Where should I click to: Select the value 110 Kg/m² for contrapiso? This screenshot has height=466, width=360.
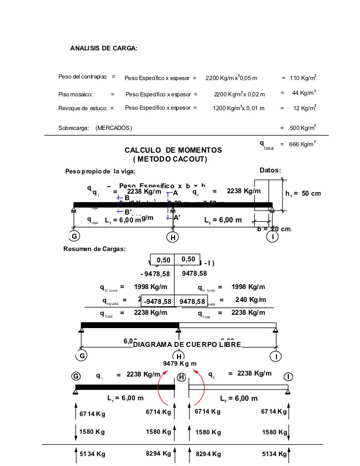(303, 78)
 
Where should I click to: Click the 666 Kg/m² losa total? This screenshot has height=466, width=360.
(303, 144)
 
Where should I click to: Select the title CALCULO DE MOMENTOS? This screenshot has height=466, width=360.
(173, 150)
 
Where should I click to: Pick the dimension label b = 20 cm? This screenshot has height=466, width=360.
(274, 229)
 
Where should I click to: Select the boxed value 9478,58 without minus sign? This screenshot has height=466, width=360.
(192, 301)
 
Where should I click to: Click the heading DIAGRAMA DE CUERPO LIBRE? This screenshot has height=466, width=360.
(187, 344)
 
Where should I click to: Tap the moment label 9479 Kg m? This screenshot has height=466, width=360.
(180, 364)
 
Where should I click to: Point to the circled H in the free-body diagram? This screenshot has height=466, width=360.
(181, 377)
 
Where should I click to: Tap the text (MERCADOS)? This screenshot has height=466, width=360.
(114, 128)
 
